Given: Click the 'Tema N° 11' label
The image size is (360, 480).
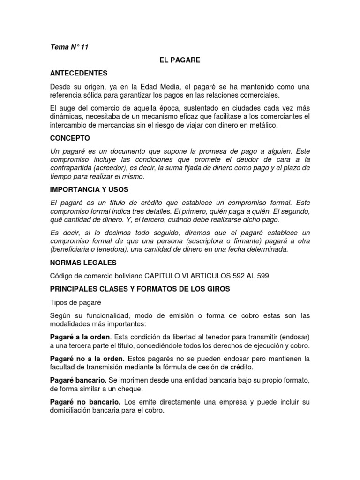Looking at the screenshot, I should [69, 47].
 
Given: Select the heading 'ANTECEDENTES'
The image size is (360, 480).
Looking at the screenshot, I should [79, 73].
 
